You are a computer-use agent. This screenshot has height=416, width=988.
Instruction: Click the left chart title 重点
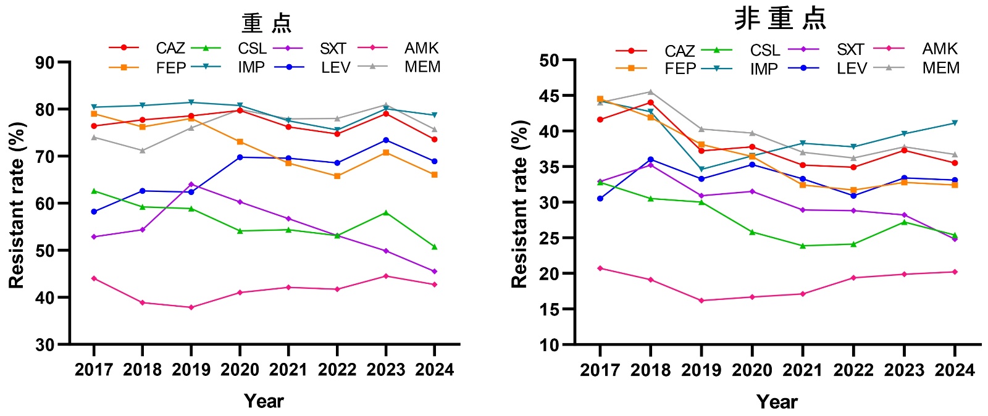pos(267,23)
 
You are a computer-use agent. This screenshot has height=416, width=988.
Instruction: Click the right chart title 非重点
pos(780,19)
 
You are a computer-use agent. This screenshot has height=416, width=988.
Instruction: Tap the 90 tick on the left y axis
pos(46,62)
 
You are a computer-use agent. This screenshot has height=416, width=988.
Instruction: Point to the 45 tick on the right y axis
pos(549,96)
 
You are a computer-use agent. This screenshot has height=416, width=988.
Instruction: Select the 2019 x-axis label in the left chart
pos(191,370)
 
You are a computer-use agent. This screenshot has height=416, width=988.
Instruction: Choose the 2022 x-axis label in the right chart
pos(853,370)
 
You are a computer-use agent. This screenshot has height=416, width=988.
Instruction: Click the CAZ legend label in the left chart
pos(170,48)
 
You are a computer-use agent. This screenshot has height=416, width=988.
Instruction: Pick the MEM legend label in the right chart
pos(940,68)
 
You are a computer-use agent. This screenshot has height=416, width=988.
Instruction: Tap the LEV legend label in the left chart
pos(335,67)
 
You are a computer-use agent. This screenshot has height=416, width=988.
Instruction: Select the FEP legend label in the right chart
pos(680,69)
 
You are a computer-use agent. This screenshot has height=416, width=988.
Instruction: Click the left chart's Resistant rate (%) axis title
pos(17,205)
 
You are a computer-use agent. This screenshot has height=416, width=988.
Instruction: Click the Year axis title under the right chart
pos(777,402)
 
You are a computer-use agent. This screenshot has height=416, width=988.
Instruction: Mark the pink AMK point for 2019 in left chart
pos(191,307)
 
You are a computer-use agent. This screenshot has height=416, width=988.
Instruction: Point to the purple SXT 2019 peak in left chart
pos(191,184)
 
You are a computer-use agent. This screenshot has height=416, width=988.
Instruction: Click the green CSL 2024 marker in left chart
pos(434,247)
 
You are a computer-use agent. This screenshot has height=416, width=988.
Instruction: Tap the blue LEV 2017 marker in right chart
pos(600,198)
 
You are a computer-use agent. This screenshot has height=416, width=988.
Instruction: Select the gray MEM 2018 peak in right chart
pos(650,92)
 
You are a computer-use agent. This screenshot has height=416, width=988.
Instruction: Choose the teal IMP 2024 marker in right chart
pos(955,123)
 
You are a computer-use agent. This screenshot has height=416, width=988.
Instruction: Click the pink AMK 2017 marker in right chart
pos(600,268)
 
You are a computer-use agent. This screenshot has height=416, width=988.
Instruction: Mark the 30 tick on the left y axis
pos(46,344)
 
